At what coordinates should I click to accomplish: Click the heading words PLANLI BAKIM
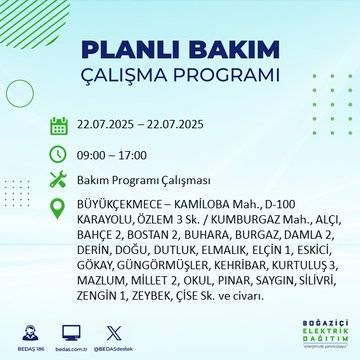pos(179,51)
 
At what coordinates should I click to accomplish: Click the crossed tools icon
pos(59,179)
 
